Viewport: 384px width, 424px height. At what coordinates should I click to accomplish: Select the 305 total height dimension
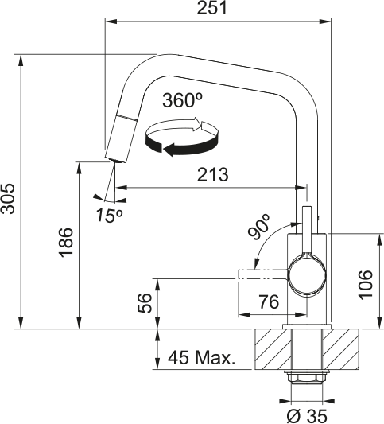[x=7, y=193]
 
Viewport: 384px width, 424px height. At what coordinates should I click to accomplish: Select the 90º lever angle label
[x=260, y=228]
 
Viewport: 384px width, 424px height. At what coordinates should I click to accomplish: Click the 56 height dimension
[x=144, y=303]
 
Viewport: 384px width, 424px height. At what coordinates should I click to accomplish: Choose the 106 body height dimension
[x=365, y=280]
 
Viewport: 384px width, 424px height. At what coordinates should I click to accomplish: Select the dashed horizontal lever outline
[x=262, y=275]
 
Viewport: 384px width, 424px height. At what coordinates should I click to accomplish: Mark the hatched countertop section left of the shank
[x=271, y=349]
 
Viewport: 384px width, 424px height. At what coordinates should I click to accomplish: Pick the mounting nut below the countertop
[x=306, y=377]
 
